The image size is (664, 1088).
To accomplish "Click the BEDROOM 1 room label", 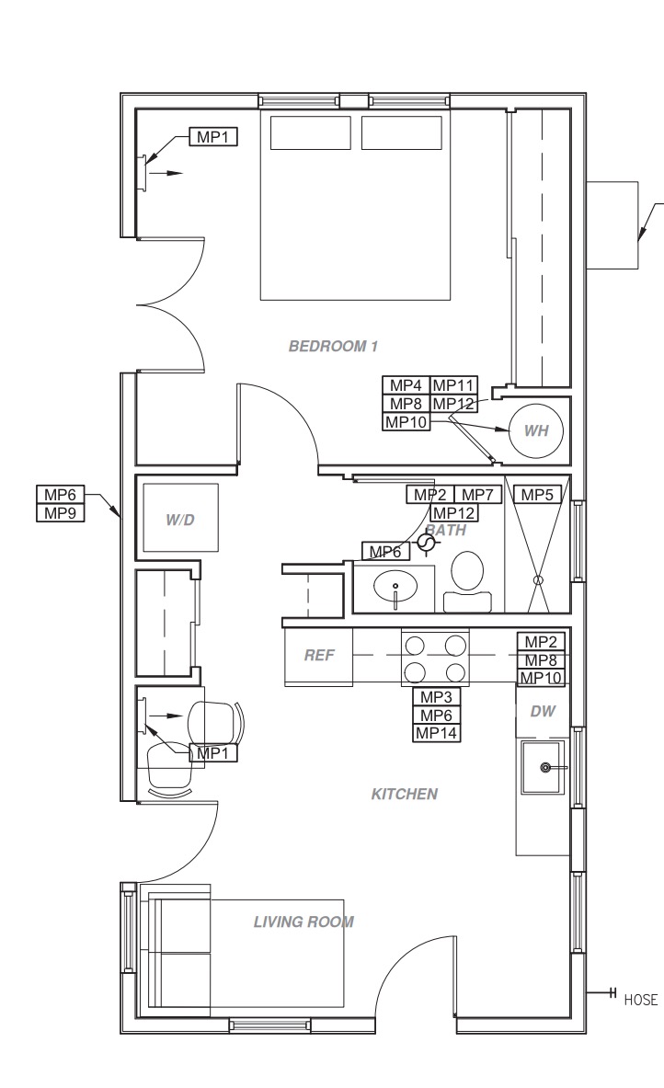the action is pyautogui.click(x=333, y=346).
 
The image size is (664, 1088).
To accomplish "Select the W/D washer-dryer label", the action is pyautogui.click(x=179, y=520).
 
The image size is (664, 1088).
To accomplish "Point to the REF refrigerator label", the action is pyautogui.click(x=318, y=655).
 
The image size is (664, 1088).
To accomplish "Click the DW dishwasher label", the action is pyautogui.click(x=543, y=711).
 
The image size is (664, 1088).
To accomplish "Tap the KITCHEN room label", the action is pyautogui.click(x=405, y=794).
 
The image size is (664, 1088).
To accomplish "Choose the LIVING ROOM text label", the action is pyautogui.click(x=303, y=922).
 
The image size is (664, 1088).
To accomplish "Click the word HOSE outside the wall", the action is pyautogui.click(x=640, y=1000).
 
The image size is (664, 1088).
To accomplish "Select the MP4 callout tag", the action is pyautogui.click(x=406, y=385).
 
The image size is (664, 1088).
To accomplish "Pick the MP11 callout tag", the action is pyautogui.click(x=453, y=385).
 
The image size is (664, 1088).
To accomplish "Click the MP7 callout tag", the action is pyautogui.click(x=477, y=495).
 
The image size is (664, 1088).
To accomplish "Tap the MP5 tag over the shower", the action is pyautogui.click(x=537, y=495).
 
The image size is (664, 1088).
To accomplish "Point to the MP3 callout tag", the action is pyautogui.click(x=437, y=697).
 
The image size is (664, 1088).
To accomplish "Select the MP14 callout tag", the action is pyautogui.click(x=437, y=733).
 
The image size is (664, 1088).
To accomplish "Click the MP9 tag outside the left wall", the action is pyautogui.click(x=61, y=513).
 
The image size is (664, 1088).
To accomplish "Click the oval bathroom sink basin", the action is pyautogui.click(x=395, y=587).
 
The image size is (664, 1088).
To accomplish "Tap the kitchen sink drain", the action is pyautogui.click(x=545, y=767).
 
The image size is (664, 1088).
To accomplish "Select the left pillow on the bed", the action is pyautogui.click(x=310, y=132).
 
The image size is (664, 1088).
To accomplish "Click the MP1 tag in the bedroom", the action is pyautogui.click(x=213, y=137).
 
